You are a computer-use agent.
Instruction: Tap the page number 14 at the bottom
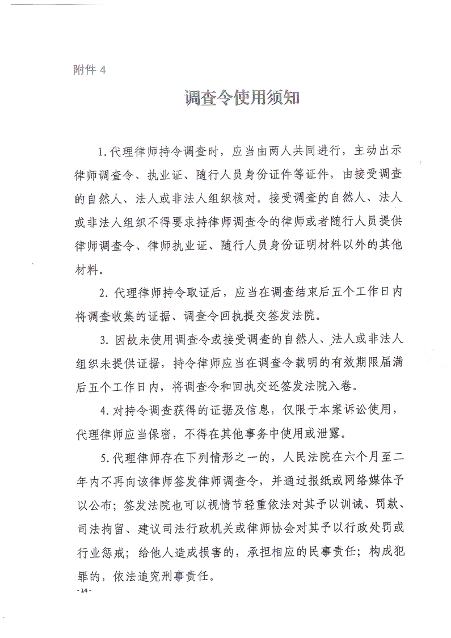(x=85, y=591)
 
